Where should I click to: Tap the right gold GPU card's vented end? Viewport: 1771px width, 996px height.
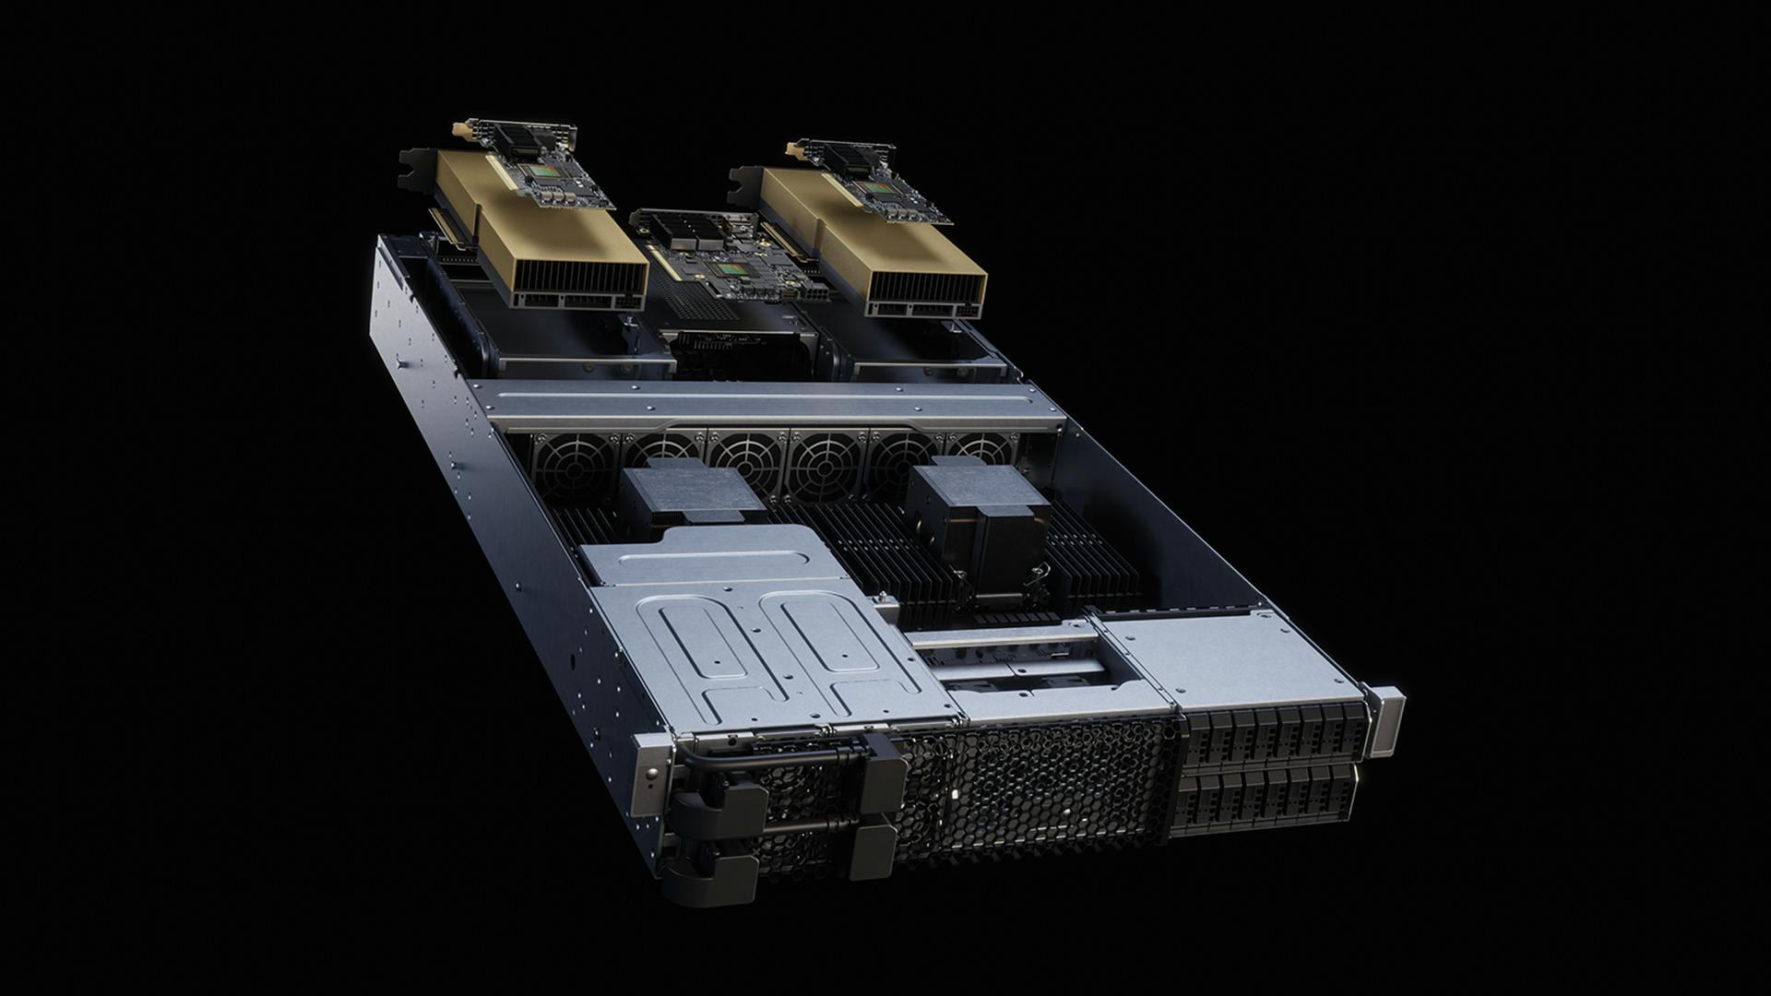coord(922,290)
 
